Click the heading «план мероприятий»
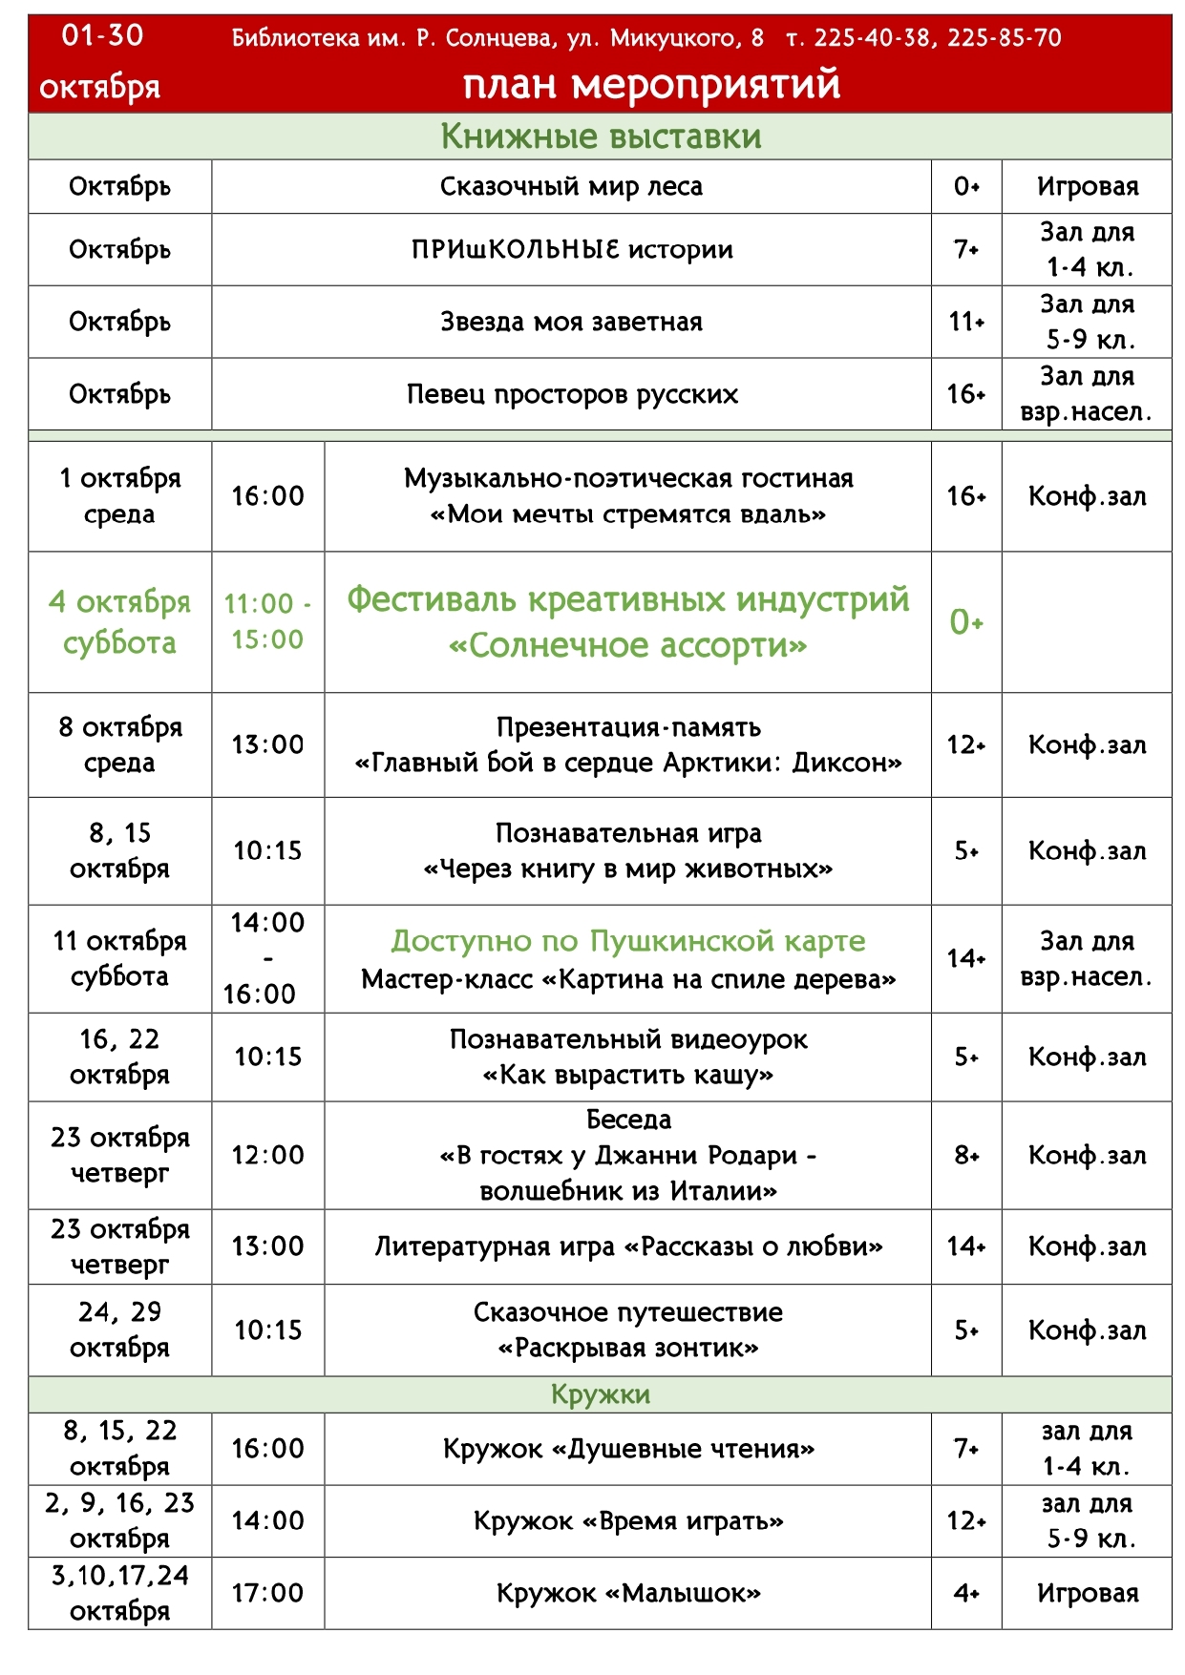coord(651,84)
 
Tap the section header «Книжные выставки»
coord(601,136)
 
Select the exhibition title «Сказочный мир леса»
coord(571,186)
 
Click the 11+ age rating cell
coord(966,322)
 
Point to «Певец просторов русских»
coord(572,394)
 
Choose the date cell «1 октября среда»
coord(119,496)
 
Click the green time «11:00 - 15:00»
coord(267,621)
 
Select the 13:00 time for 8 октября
coord(267,744)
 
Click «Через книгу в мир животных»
coord(628,869)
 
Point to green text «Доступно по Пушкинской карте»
coord(628,941)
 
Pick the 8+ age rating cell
coord(966,1156)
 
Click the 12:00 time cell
coord(267,1156)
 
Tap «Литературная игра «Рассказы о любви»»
coord(628,1246)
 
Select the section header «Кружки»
coord(601,1394)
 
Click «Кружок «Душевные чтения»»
coord(628,1449)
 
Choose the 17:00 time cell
coord(267,1593)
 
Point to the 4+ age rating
coord(966,1593)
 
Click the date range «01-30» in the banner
coord(102,36)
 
